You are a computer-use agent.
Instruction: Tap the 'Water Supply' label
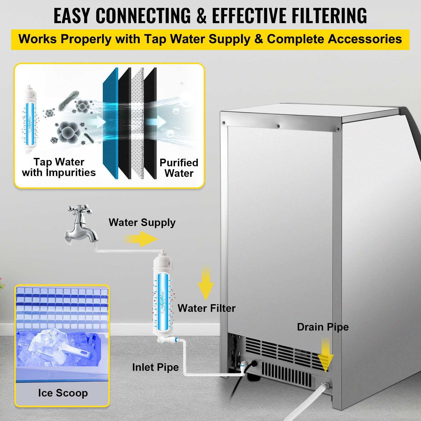[x=142, y=223]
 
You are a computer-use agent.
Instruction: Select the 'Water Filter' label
[x=206, y=308]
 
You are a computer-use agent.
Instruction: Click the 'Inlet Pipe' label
[x=155, y=367]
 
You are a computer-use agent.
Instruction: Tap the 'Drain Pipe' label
[x=323, y=327]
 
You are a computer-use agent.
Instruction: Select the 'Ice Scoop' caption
[x=63, y=393]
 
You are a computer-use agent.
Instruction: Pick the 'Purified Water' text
[x=179, y=168]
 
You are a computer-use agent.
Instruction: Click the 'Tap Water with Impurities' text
[x=59, y=167]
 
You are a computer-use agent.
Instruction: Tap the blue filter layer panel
[x=111, y=124]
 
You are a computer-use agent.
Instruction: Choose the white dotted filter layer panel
[x=137, y=124]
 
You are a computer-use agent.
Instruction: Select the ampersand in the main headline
[x=201, y=16]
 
